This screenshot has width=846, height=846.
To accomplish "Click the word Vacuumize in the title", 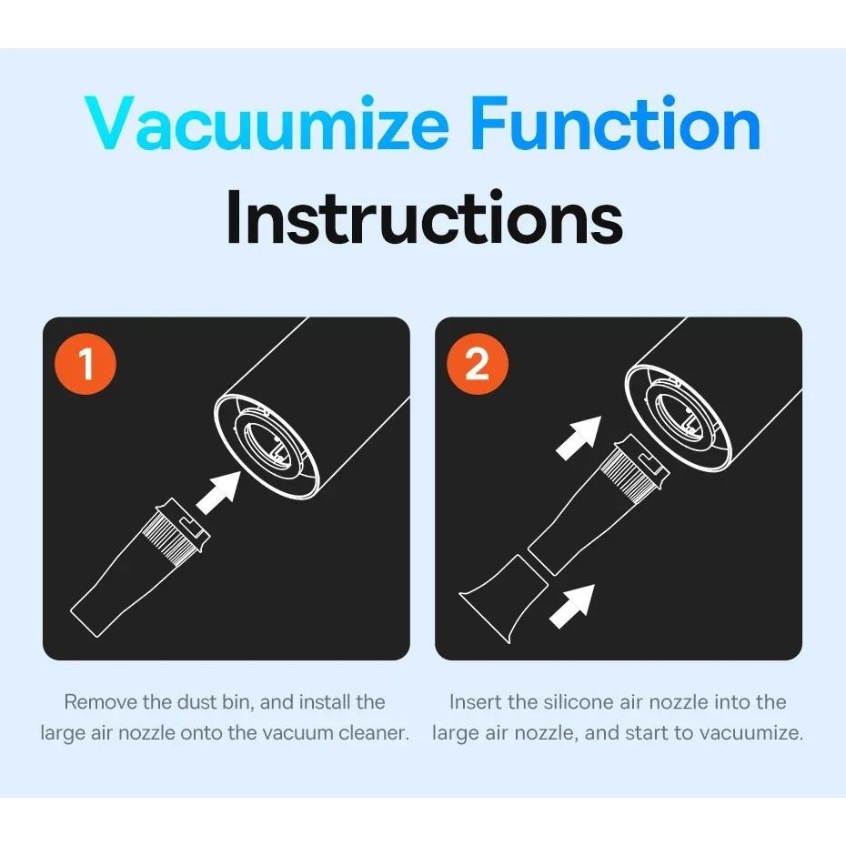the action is click(267, 123).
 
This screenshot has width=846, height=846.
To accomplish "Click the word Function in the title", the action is click(615, 123).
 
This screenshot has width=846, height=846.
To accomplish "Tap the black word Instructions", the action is click(424, 217).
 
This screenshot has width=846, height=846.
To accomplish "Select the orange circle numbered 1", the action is click(86, 364).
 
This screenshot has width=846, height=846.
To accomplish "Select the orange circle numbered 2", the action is click(478, 364).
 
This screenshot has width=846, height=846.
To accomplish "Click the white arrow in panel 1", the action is click(219, 492).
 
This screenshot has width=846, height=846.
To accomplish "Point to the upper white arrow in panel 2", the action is click(579, 438).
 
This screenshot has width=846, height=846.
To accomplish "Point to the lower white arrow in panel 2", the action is click(572, 606).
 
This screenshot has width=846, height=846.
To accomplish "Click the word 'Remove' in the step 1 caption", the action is click(101, 702).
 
